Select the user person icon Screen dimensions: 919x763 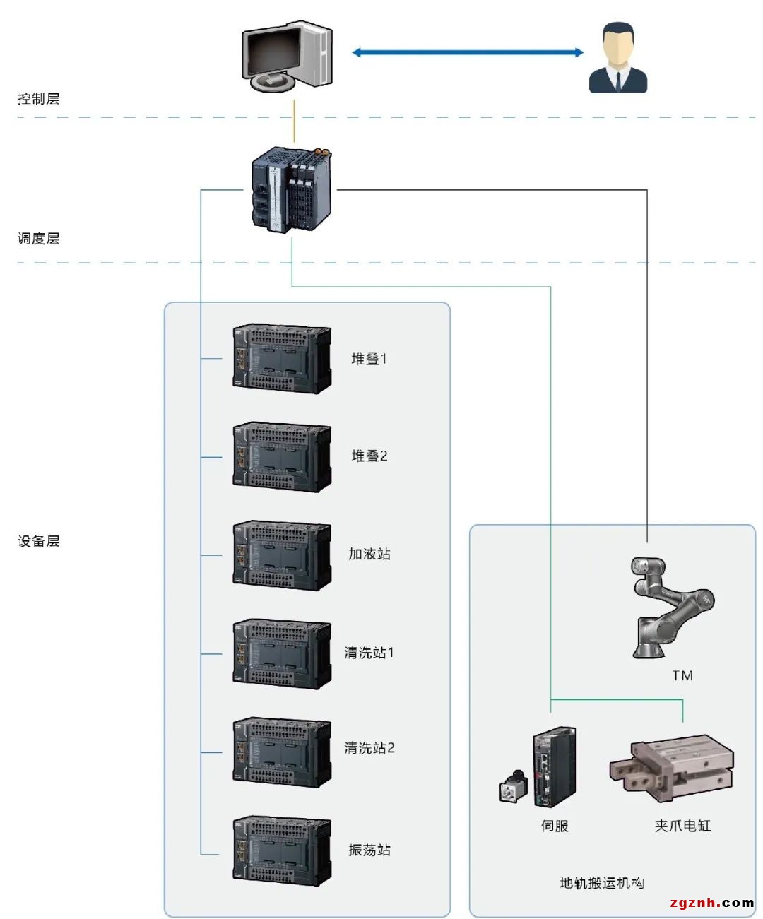pyautogui.click(x=617, y=59)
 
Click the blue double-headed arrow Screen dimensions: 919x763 pyautogui.click(x=468, y=52)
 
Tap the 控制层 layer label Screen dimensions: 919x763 pyautogui.click(x=38, y=99)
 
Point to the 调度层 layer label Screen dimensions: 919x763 pyautogui.click(x=38, y=239)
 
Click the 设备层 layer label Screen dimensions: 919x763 pyautogui.click(x=38, y=542)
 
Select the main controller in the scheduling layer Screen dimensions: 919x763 pyautogui.click(x=291, y=189)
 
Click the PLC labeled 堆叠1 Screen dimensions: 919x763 pyautogui.click(x=282, y=359)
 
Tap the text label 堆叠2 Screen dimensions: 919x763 pyautogui.click(x=369, y=456)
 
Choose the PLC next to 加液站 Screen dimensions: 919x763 pyautogui.click(x=282, y=556)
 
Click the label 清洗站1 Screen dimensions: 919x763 pyautogui.click(x=369, y=653)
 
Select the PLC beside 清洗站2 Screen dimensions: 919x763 pyautogui.click(x=282, y=752)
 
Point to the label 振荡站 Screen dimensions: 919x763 pyautogui.click(x=369, y=850)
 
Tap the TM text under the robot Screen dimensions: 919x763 pyautogui.click(x=682, y=676)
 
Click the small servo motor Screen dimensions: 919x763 pyautogui.click(x=514, y=787)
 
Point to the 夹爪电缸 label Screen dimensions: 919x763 pyautogui.click(x=682, y=826)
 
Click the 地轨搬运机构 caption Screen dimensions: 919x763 pyautogui.click(x=601, y=883)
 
